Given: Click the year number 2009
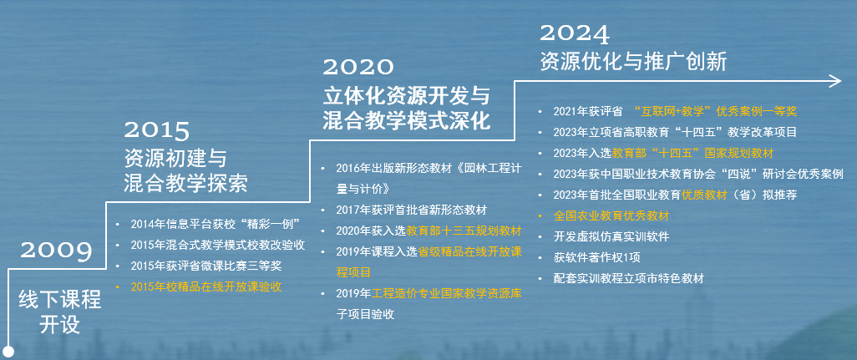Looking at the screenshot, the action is pyautogui.click(x=56, y=251).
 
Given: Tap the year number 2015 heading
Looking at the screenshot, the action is pyautogui.click(x=156, y=131).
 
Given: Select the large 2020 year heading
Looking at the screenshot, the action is pyautogui.click(x=358, y=67).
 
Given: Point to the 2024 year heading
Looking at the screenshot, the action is pyautogui.click(x=575, y=34).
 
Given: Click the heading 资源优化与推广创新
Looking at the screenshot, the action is pyautogui.click(x=633, y=62).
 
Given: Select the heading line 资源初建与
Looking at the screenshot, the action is pyautogui.click(x=175, y=159).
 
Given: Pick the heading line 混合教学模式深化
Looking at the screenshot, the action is pyautogui.click(x=407, y=121).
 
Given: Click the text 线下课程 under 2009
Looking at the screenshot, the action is pyautogui.click(x=60, y=300).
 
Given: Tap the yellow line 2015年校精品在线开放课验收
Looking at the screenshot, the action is pyautogui.click(x=206, y=286).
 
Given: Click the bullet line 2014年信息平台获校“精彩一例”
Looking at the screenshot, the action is pyautogui.click(x=216, y=223).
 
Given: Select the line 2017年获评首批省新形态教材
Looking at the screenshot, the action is pyautogui.click(x=411, y=210).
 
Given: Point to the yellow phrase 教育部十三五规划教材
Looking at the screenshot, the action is pyautogui.click(x=464, y=231).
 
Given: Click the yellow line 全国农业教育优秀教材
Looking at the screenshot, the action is pyautogui.click(x=611, y=215).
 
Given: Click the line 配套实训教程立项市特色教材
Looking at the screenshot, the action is pyautogui.click(x=628, y=278).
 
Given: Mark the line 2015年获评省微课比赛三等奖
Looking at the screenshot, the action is pyautogui.click(x=206, y=266).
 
